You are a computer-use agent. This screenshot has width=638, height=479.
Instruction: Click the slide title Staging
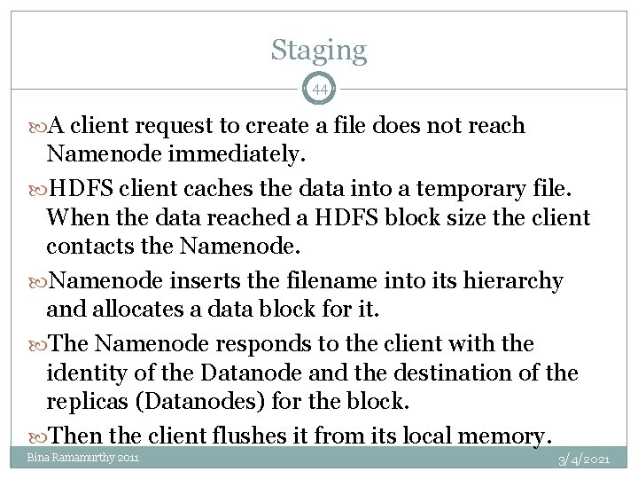318,50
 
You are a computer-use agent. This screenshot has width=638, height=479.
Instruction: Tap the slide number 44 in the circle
319,90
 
